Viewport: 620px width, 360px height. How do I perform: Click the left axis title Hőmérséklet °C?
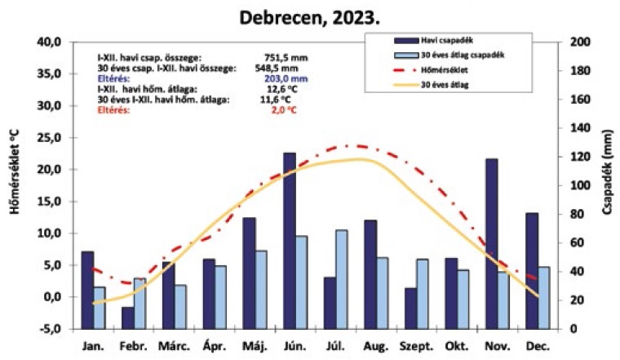point(14,184)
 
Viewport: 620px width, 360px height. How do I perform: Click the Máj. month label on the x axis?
point(255,346)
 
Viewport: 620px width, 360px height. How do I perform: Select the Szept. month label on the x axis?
point(414,346)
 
